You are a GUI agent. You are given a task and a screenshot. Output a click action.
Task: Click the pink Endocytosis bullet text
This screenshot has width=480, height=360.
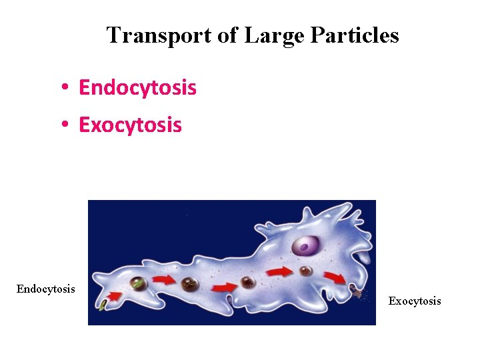(x=137, y=87)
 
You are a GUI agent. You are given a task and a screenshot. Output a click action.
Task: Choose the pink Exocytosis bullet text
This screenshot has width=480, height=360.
(x=130, y=125)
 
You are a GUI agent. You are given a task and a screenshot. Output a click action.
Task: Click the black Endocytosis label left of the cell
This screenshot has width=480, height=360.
(x=45, y=289)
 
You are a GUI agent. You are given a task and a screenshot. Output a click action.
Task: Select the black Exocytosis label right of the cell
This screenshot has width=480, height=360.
(x=415, y=301)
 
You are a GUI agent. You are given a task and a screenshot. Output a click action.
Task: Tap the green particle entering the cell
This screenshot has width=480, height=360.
(x=103, y=305)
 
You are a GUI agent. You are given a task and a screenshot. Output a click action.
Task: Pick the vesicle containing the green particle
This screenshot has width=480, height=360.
(x=137, y=283)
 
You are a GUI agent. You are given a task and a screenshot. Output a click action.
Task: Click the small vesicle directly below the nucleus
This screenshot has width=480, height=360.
(x=306, y=271)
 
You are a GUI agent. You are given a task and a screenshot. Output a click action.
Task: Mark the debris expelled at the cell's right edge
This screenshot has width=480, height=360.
(x=356, y=290)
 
